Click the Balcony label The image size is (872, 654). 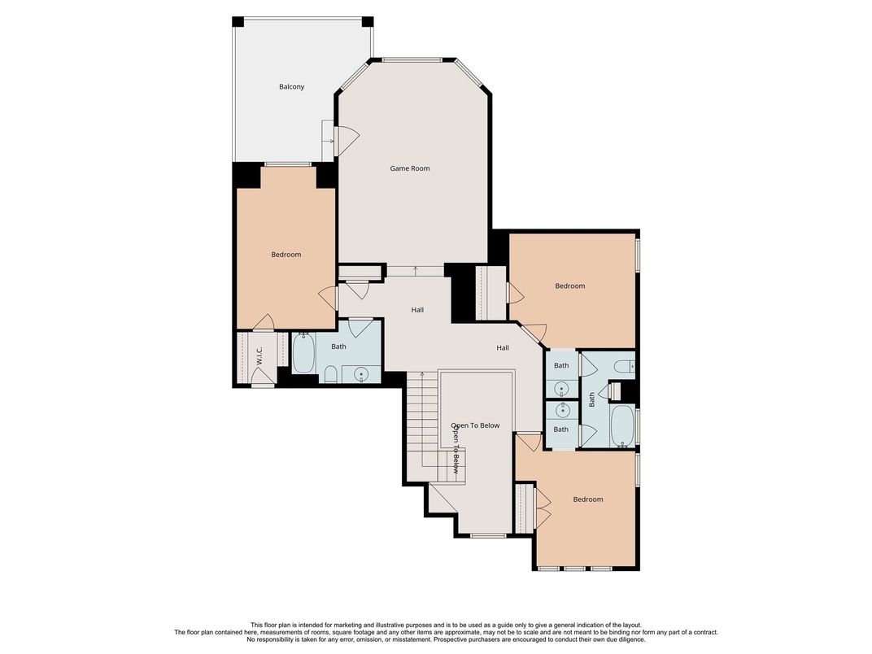291,87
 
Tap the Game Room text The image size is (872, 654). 409,168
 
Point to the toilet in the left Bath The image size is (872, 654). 331,374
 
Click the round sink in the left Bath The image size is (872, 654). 361,374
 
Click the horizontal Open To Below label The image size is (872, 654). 476,425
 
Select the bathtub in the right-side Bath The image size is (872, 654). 621,425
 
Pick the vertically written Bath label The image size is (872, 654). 592,399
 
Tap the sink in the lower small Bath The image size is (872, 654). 561,412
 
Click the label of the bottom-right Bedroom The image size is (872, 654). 587,499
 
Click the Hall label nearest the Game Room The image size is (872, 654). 417,310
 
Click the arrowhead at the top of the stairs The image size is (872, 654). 422,374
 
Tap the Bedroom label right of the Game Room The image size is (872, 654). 569,286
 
